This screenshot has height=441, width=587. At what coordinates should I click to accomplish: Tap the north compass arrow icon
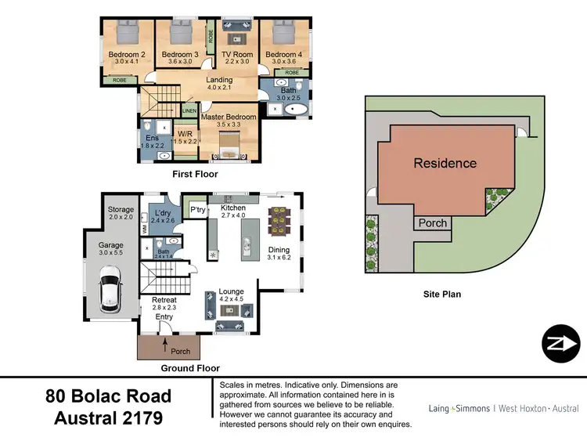click(x=560, y=343)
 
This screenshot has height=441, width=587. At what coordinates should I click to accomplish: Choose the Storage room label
click(x=121, y=209)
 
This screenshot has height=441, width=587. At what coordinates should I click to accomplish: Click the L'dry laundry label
click(x=163, y=213)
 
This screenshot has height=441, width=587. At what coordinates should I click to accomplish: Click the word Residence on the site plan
click(x=445, y=164)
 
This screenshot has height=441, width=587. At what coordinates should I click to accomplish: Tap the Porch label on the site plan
click(x=432, y=223)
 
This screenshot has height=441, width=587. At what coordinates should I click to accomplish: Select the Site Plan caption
click(x=441, y=295)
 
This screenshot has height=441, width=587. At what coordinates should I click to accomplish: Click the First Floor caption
click(x=196, y=174)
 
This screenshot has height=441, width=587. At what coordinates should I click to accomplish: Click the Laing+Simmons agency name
click(x=459, y=408)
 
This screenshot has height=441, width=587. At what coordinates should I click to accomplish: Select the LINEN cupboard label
click(x=189, y=111)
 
